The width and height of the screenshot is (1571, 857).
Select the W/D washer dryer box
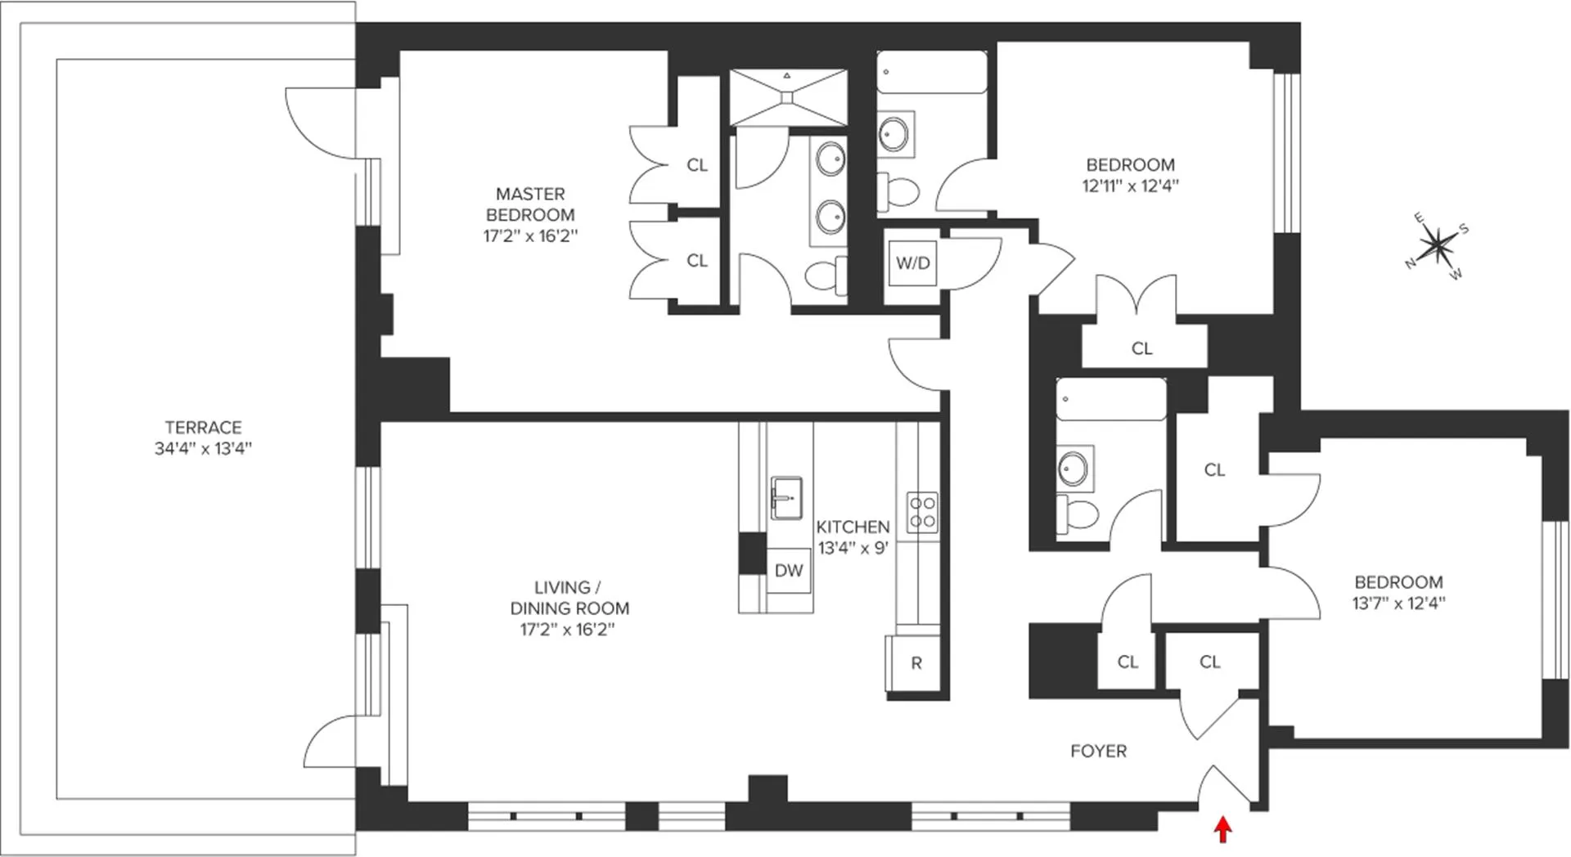tap(912, 263)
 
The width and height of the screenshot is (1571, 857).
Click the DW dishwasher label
tap(789, 571)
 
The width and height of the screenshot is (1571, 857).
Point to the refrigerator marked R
tap(916, 663)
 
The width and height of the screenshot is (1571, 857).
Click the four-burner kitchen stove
tap(922, 513)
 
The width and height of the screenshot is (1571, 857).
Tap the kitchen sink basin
tap(786, 497)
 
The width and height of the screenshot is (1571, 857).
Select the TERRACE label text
tap(203, 428)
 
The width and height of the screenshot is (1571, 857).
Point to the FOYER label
tap(1098, 751)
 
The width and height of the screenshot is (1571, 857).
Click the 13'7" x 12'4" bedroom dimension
tap(1398, 603)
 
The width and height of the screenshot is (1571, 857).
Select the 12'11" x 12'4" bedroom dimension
tap(1130, 186)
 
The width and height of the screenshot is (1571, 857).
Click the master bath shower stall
tap(788, 97)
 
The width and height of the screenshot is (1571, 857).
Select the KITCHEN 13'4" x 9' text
tap(853, 537)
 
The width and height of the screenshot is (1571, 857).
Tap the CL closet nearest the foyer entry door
tap(1210, 662)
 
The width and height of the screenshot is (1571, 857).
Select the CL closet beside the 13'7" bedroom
tap(1214, 469)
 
